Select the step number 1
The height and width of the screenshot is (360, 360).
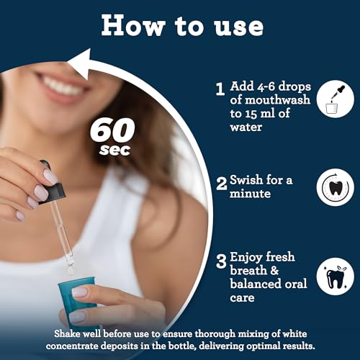(220, 89)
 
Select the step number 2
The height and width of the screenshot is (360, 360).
(222, 184)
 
